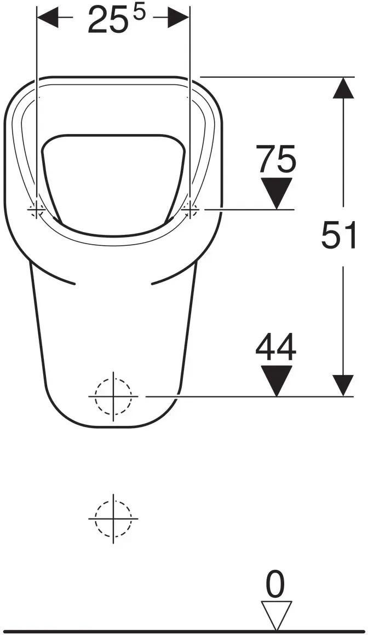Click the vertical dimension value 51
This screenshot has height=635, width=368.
pos(339,235)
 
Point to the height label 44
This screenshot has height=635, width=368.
pos(276,348)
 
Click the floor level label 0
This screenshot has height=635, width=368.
pos(275,585)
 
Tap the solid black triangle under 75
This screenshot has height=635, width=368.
pos(277,193)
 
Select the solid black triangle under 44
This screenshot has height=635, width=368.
pos(277,380)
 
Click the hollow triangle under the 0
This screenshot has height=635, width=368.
pos(277,615)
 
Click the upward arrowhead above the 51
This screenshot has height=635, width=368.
pos(343,88)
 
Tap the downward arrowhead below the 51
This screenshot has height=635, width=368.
pos(343,385)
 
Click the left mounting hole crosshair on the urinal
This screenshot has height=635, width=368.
pos(37,209)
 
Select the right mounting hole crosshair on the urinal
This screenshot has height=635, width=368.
pos(189,209)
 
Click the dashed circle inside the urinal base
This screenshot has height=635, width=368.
pos(113,396)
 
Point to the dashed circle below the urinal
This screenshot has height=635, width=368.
pos(113,518)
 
